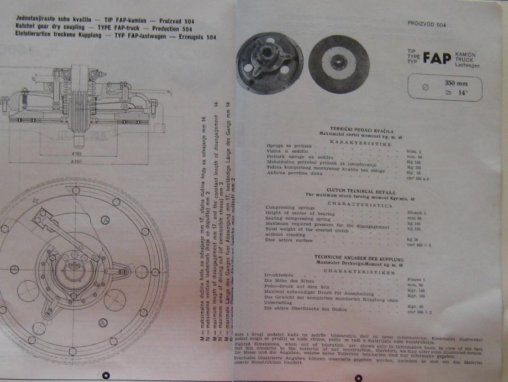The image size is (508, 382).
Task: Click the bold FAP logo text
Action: coord(437,59)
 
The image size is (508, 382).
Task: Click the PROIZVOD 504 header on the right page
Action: coord(426,25)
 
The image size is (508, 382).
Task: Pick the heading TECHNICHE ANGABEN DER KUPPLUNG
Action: coord(359,257)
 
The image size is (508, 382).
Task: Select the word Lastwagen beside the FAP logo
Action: coord(467,66)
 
